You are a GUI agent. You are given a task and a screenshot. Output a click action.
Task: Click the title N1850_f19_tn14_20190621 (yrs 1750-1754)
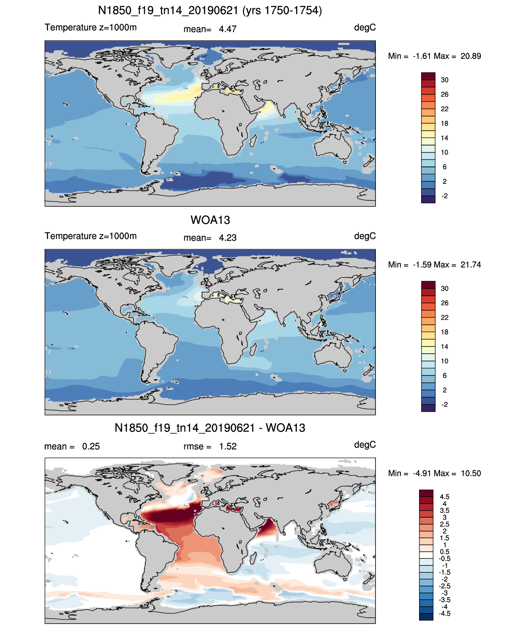[x=210, y=11]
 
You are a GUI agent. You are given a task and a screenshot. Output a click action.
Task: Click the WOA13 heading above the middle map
[x=210, y=220]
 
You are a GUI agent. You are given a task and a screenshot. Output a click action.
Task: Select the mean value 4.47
[x=227, y=29]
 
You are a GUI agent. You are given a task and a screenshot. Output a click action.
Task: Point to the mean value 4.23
[x=227, y=238]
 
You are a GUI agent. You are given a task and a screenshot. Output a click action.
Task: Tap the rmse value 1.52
[x=227, y=446]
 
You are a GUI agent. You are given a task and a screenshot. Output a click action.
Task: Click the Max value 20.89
[x=471, y=56]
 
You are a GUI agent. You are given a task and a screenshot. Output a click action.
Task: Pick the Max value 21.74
[x=471, y=265]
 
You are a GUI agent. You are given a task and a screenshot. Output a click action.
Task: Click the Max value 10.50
[x=471, y=474]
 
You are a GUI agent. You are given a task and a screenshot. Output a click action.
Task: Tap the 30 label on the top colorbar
[x=444, y=80]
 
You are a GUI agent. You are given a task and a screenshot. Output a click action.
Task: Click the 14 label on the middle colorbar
[x=444, y=347]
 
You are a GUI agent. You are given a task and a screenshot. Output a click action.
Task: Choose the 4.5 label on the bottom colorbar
[x=444, y=497]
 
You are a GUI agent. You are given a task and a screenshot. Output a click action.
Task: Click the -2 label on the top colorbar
[x=444, y=196]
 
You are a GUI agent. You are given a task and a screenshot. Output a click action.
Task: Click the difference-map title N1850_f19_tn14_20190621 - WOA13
[x=210, y=428]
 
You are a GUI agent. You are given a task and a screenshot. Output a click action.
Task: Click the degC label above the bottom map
[x=365, y=445]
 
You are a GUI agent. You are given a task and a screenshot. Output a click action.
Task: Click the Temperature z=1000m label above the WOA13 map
[x=91, y=236]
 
